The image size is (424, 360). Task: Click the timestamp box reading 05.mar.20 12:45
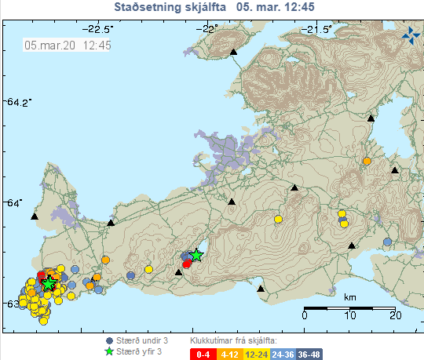[68, 45]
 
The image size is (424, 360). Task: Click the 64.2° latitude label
[16, 102]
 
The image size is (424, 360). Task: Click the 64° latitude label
[16, 202]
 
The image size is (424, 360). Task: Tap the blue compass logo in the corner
[411, 35]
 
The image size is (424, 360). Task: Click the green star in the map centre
[196, 255]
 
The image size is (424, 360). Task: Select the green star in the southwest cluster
[49, 283]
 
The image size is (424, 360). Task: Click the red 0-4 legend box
[203, 355]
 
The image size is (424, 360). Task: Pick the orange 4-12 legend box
[229, 355]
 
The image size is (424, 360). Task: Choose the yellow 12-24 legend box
[254, 355]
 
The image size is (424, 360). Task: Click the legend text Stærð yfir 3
[139, 352]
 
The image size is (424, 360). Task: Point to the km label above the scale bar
[349, 297]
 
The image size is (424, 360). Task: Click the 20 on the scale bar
[394, 315]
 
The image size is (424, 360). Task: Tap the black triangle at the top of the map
[233, 52]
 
